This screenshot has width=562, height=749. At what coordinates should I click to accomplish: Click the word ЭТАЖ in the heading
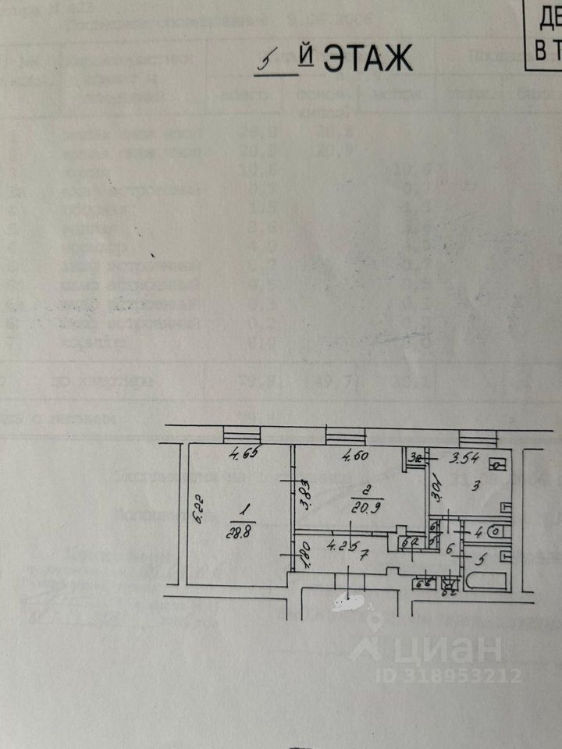367,59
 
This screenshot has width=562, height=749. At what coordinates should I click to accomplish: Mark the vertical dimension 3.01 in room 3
437,490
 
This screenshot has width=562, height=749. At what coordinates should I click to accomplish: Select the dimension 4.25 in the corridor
343,544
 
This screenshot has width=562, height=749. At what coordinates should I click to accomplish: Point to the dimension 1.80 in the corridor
305,553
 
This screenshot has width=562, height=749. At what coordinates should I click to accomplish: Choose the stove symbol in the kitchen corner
496,466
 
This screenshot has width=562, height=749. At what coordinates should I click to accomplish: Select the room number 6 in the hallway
450,548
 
